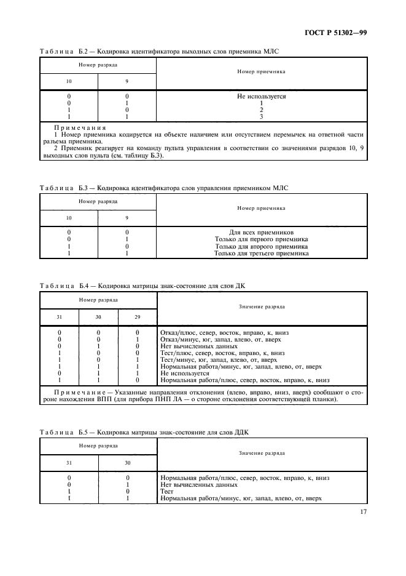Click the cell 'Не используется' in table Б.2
pyautogui.click(x=261, y=97)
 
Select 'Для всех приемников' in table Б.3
pyautogui.click(x=261, y=233)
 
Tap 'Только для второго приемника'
pyautogui.click(x=261, y=246)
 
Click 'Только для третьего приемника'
pyautogui.click(x=261, y=253)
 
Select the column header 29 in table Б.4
pyautogui.click(x=137, y=317)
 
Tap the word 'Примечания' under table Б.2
pyautogui.click(x=70, y=127)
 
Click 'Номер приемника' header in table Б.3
pyautogui.click(x=261, y=208)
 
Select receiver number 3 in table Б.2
pyautogui.click(x=261, y=116)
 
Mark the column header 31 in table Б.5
pyautogui.click(x=69, y=463)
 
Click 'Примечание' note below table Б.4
pyautogui.click(x=75, y=391)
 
